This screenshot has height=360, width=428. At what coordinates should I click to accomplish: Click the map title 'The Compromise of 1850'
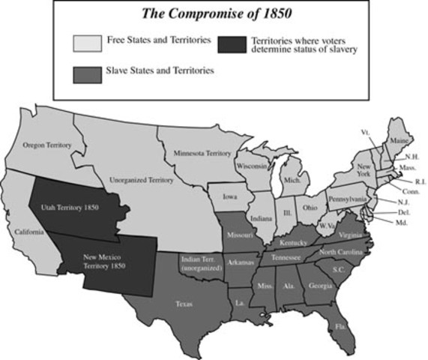click(x=214, y=15)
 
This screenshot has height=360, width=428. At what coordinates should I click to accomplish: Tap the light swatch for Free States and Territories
click(x=87, y=43)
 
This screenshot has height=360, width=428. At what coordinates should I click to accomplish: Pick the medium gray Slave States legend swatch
click(x=87, y=73)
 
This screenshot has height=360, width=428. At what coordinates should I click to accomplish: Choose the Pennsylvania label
click(x=346, y=199)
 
